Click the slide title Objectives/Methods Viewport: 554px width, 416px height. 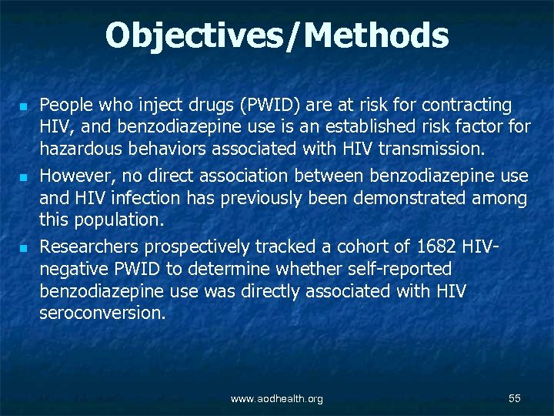pyautogui.click(x=277, y=35)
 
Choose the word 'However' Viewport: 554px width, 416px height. pyautogui.click(x=73, y=176)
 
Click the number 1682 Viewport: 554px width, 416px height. pyautogui.click(x=436, y=247)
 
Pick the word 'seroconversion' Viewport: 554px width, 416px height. pyautogui.click(x=102, y=314)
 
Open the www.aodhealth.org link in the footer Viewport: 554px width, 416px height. pyautogui.click(x=277, y=398)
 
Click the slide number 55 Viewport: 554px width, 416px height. pyautogui.click(x=515, y=398)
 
